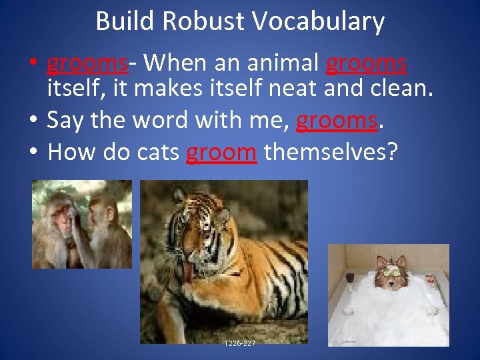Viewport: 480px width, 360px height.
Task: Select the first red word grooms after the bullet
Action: pyautogui.click(x=87, y=64)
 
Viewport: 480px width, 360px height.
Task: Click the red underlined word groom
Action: pyautogui.click(x=221, y=153)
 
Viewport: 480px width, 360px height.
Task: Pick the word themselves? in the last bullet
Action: pyautogui.click(x=331, y=153)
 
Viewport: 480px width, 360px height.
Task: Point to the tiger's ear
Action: pyautogui.click(x=179, y=196)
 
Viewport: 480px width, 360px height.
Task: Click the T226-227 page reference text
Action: pyautogui.click(x=239, y=343)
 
